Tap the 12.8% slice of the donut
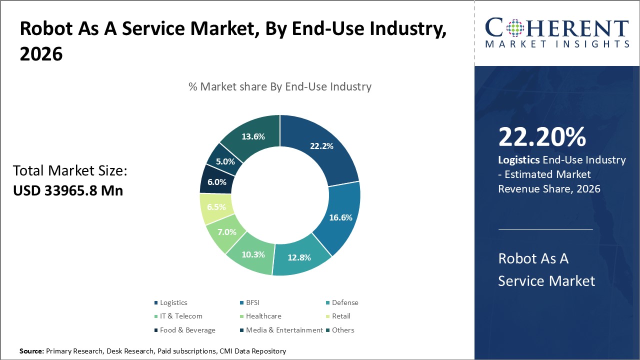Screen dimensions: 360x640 pyautogui.click(x=299, y=257)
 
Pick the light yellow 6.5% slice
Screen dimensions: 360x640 pyautogui.click(x=216, y=207)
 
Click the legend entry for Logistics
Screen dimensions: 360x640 pyautogui.click(x=173, y=302)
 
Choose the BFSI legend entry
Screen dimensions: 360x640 pyautogui.click(x=252, y=302)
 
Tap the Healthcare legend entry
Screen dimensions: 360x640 pyautogui.click(x=263, y=316)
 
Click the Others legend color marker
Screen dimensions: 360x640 pyautogui.click(x=327, y=330)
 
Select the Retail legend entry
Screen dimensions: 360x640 pyautogui.click(x=341, y=316)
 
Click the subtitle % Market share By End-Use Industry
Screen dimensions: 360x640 pyautogui.click(x=280, y=86)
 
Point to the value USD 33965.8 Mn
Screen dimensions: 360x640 pyautogui.click(x=67, y=190)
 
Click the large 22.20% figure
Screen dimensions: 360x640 pyautogui.click(x=542, y=137)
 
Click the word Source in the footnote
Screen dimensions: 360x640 pyautogui.click(x=31, y=351)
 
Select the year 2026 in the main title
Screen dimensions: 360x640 pyautogui.click(x=41, y=54)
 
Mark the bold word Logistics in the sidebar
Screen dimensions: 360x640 pyautogui.click(x=518, y=160)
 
